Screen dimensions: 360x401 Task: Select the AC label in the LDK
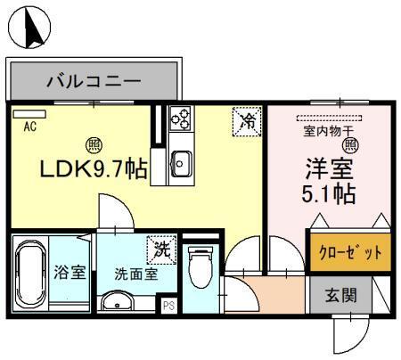(29, 126)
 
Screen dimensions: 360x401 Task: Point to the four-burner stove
(181, 119)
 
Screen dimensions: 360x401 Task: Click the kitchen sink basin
(182, 162)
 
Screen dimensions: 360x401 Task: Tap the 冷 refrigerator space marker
(247, 121)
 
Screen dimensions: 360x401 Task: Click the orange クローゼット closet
(350, 253)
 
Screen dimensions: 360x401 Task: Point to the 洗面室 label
(135, 274)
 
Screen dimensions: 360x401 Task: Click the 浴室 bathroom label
(70, 273)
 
